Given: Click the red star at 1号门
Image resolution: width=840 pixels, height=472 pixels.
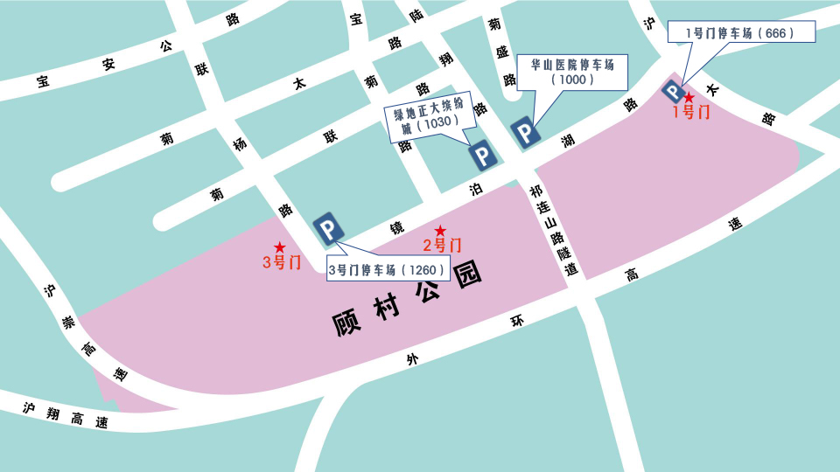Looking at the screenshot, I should (x=689, y=97).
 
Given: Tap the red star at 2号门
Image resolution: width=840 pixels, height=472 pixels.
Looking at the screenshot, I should (x=440, y=230).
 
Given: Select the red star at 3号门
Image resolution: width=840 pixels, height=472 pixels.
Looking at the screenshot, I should (x=280, y=247).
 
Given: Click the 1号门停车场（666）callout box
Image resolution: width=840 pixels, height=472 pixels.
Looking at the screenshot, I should (x=741, y=32).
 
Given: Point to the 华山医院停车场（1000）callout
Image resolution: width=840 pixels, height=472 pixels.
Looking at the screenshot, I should (x=573, y=71).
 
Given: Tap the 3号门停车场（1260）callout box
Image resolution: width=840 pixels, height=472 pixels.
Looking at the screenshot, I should (x=388, y=269).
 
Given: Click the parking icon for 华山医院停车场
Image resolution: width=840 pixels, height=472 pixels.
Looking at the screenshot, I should (x=526, y=133).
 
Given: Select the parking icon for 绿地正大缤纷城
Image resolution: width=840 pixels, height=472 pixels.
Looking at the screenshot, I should (x=483, y=156).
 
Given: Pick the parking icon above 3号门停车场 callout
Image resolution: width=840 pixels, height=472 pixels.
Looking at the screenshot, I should (x=328, y=230).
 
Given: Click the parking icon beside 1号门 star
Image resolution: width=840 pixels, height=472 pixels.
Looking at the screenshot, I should (x=673, y=91).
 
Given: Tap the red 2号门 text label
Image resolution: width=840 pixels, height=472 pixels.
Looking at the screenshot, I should (x=442, y=245).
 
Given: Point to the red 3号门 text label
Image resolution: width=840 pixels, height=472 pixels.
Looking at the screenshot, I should (x=282, y=262).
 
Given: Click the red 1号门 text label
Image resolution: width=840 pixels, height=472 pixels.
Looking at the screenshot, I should (x=691, y=112).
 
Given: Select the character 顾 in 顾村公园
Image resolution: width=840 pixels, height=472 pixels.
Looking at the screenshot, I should (x=348, y=323).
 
